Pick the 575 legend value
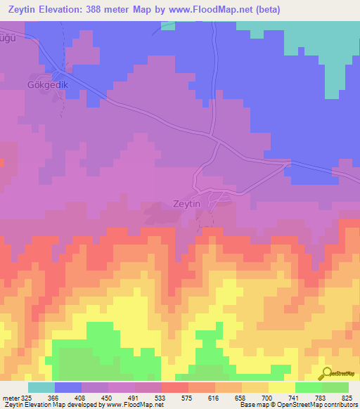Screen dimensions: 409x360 (188, 398)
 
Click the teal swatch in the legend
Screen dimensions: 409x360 (41, 387)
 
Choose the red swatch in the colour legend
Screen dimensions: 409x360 (174, 387)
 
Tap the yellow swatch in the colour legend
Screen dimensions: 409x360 (281, 387)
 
